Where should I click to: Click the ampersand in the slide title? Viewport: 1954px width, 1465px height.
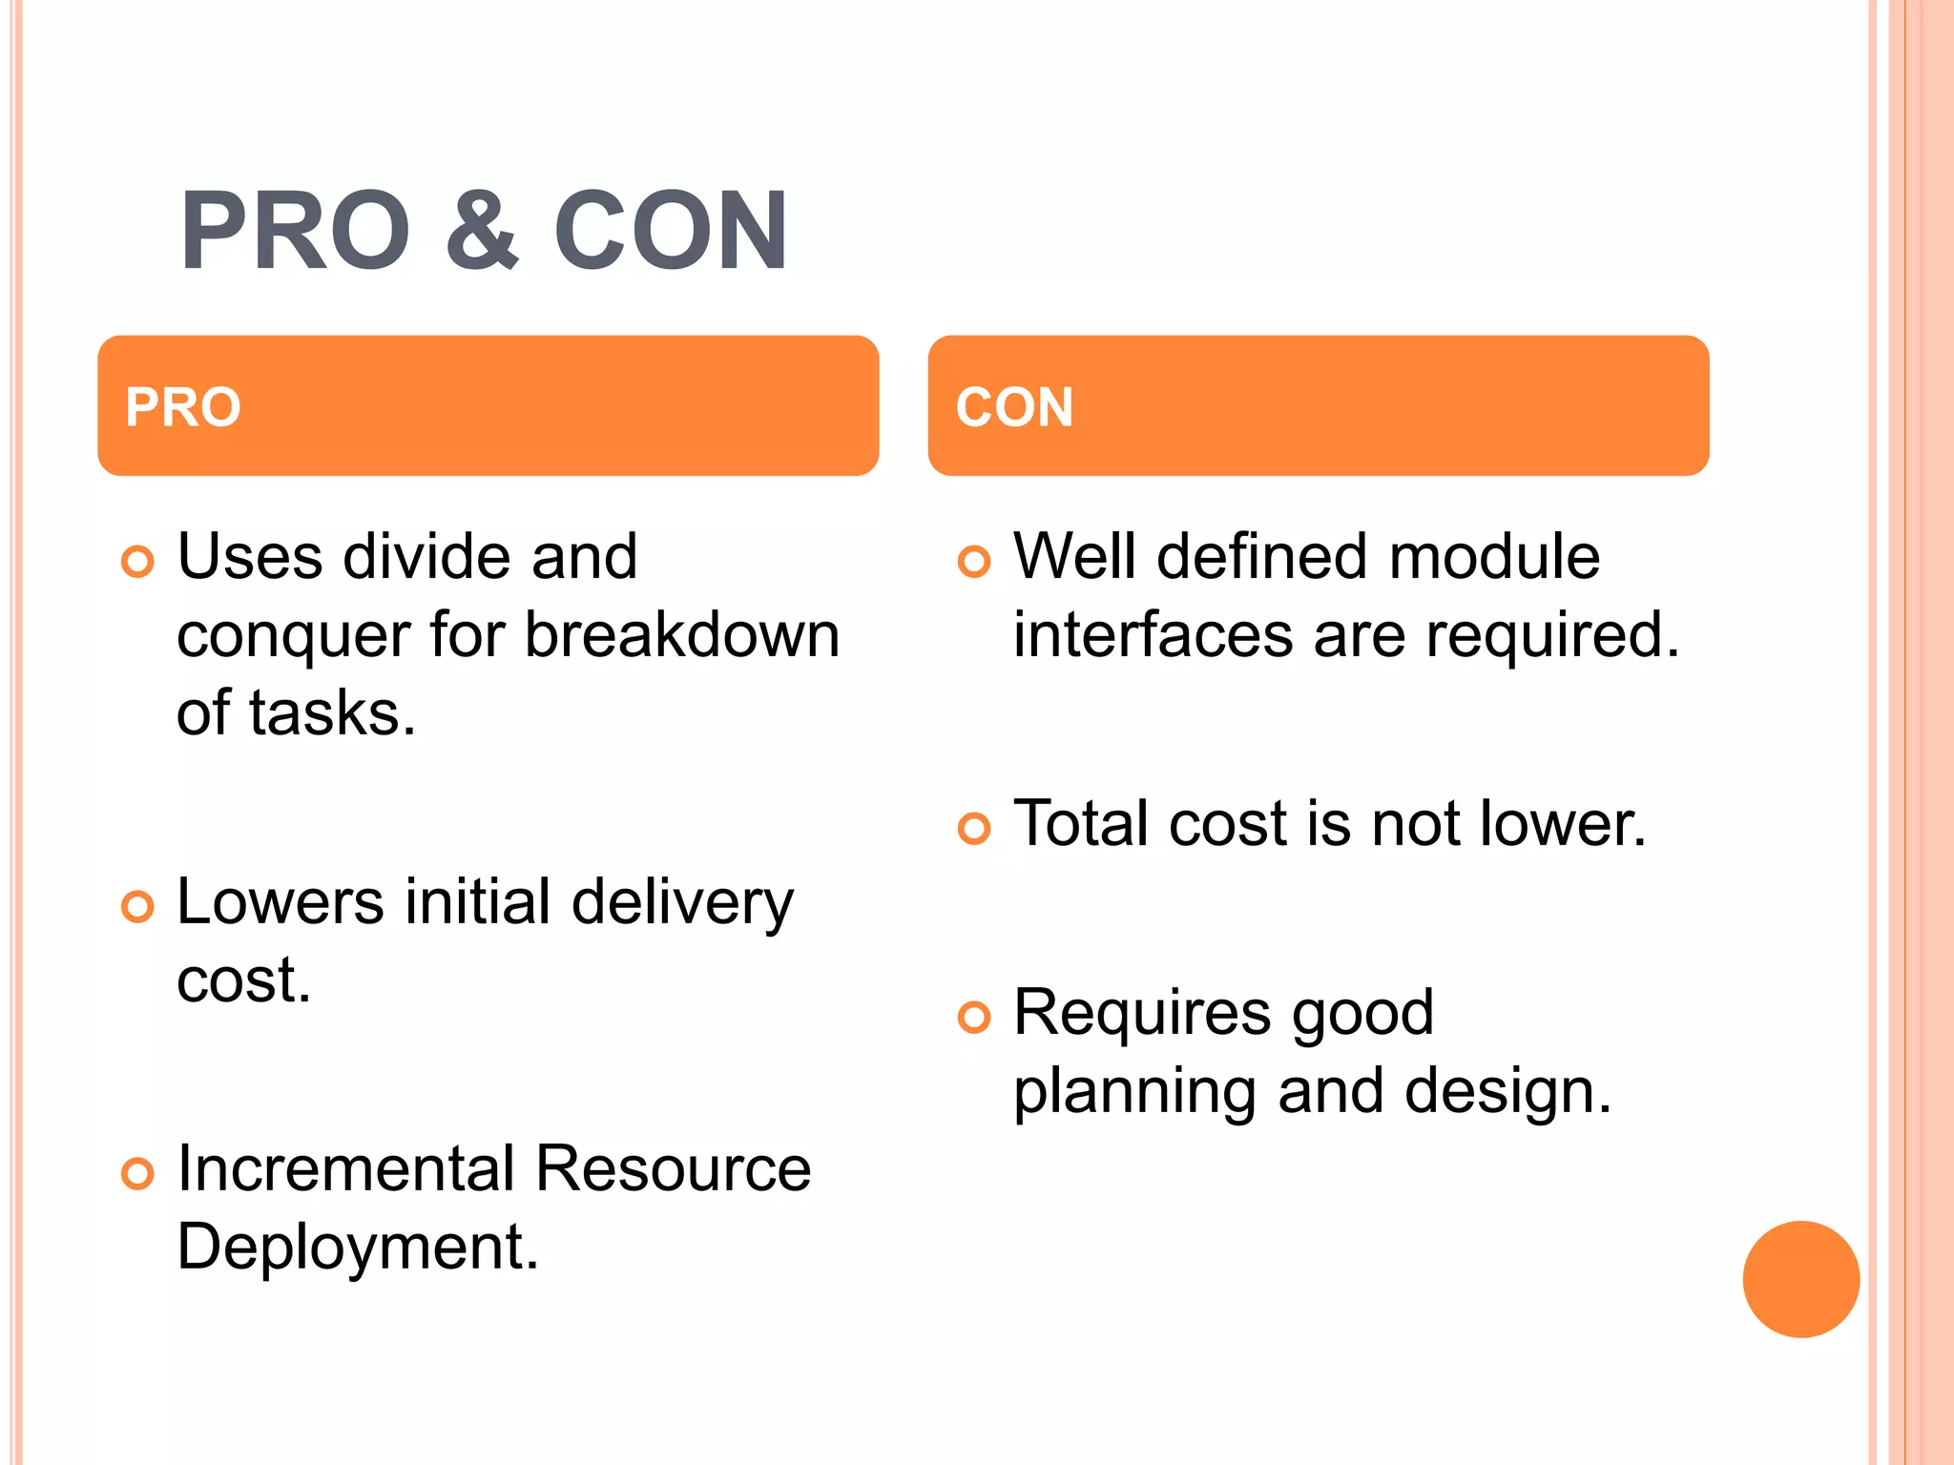click(x=483, y=231)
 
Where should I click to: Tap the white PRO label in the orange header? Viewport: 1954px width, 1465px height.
click(x=183, y=407)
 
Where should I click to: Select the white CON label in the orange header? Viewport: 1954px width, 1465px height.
click(x=1014, y=407)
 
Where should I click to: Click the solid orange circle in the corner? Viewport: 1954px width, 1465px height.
click(x=1800, y=1279)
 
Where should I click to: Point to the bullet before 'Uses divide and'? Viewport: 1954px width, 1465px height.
click(x=137, y=562)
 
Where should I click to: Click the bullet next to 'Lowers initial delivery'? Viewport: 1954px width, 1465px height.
click(x=137, y=906)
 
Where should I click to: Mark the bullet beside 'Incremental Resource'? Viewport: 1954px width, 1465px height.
click(x=137, y=1173)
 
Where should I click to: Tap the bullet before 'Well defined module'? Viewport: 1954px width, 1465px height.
click(x=973, y=562)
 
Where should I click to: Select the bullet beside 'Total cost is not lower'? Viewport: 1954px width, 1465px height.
click(x=973, y=829)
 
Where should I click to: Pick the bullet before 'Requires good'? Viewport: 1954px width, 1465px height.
click(x=973, y=1018)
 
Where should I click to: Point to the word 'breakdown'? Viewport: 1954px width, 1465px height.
click(x=682, y=635)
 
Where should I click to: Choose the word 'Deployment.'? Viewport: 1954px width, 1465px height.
click(x=358, y=1248)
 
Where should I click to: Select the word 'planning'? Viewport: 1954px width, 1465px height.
click(x=1134, y=1094)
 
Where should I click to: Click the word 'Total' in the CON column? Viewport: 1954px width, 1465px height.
click(x=1081, y=824)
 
